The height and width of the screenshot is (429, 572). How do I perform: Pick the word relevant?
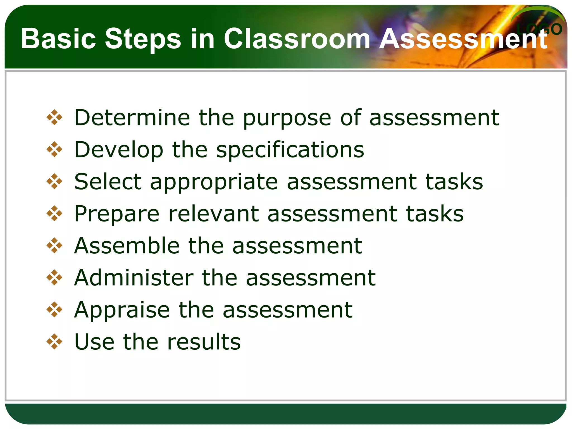pos(214,214)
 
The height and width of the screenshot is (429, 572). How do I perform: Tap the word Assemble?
pos(127,246)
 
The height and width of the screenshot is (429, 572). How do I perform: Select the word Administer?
pos(134,278)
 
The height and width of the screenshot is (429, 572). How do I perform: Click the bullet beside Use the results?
pos(54,342)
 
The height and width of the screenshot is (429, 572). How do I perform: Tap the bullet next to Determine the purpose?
pos(54,118)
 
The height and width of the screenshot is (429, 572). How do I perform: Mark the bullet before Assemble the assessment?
pos(54,246)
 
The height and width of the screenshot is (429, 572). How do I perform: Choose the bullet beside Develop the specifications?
pos(54,150)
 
